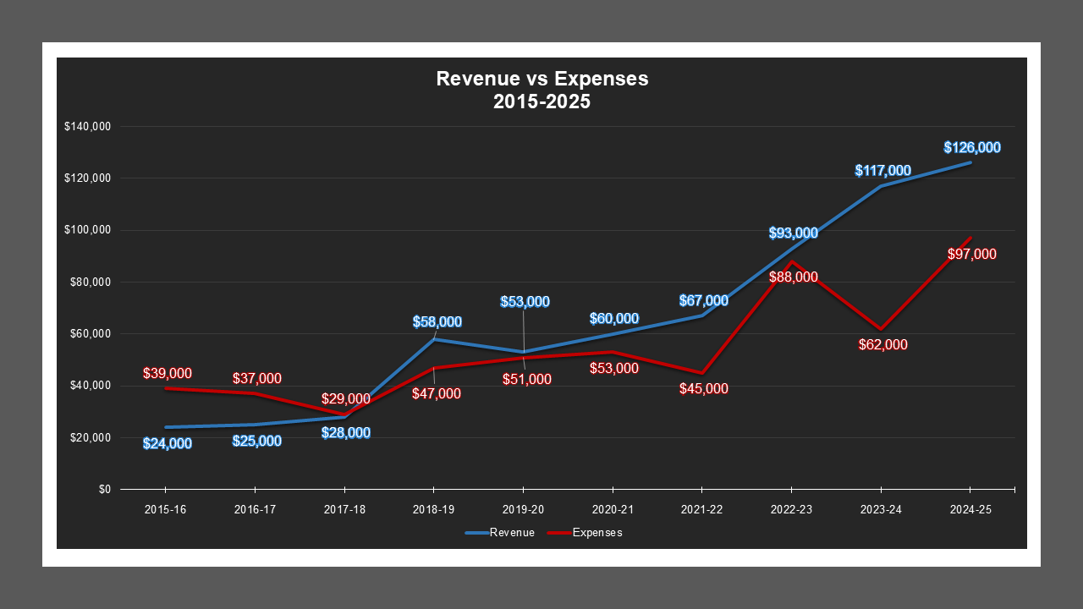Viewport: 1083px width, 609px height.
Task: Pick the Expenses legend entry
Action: pos(585,533)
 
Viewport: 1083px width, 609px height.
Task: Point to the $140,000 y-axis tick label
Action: pos(87,127)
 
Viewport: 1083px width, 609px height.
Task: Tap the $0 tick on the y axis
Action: pos(104,490)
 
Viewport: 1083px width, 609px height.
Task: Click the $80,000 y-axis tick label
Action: pos(90,283)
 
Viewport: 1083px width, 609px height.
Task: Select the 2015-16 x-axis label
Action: pos(165,511)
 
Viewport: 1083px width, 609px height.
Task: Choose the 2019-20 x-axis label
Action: pos(523,511)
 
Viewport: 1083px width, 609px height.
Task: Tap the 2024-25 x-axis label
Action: pos(970,511)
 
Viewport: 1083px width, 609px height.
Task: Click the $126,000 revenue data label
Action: pos(972,148)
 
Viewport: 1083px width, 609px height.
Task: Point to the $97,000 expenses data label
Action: pos(971,255)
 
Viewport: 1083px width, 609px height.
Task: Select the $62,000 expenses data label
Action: pos(882,345)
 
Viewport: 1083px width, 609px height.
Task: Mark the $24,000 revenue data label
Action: pos(167,444)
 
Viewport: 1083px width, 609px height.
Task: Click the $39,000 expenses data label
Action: pos(168,373)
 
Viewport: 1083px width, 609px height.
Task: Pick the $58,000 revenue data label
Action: pos(437,322)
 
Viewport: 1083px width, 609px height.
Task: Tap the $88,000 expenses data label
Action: pos(794,277)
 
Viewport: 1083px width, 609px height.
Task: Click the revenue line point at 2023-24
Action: pos(881,186)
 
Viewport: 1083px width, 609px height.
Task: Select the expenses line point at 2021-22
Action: pos(702,373)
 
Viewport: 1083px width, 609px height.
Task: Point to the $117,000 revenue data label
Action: pos(882,171)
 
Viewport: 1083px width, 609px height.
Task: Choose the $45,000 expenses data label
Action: pos(704,389)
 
